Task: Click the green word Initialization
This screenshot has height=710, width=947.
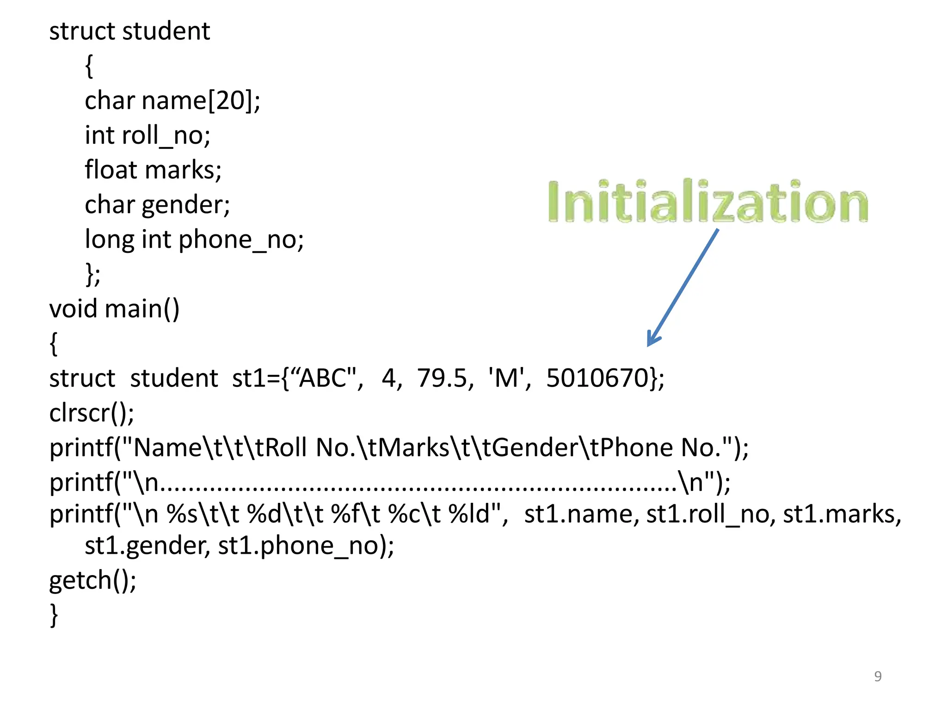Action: point(707,202)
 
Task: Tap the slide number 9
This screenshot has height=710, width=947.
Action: point(878,676)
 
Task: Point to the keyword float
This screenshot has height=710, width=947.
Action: point(111,170)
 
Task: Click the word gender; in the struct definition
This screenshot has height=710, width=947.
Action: point(186,205)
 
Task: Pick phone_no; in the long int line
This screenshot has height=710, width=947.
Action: point(241,239)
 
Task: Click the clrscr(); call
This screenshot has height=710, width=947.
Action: point(92,413)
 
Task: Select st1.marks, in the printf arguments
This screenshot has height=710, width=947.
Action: point(842,514)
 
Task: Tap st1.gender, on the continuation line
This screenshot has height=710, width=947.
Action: point(147,545)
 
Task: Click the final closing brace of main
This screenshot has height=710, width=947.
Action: point(54,615)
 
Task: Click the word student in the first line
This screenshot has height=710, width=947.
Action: point(166,31)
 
